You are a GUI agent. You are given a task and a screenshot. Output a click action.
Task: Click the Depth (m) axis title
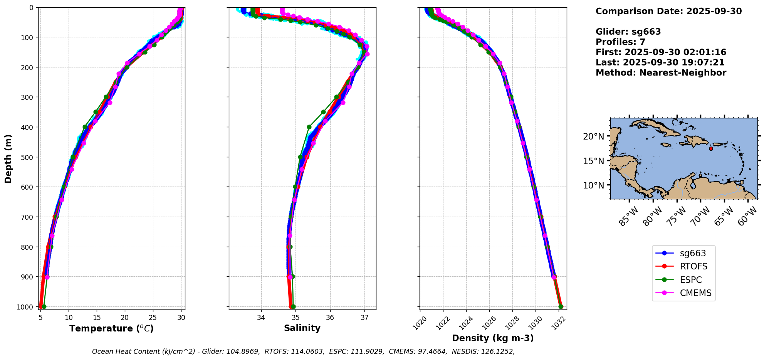click(x=8, y=158)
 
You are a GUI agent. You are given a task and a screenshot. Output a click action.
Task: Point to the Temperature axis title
click(x=111, y=328)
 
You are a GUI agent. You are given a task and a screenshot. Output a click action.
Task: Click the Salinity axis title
click(x=302, y=328)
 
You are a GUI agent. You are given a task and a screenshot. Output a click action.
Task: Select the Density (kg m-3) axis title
click(x=493, y=338)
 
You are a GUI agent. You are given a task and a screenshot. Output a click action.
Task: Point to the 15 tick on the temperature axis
click(x=97, y=318)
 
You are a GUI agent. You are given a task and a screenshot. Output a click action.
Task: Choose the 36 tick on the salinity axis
click(x=330, y=318)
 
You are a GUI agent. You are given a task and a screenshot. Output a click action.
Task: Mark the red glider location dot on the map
click(x=711, y=149)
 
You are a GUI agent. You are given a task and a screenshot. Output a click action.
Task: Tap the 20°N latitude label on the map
click(x=593, y=136)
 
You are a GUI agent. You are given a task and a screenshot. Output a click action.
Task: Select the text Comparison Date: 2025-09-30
click(x=668, y=11)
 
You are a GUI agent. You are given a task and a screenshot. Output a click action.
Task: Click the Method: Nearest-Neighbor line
click(x=661, y=73)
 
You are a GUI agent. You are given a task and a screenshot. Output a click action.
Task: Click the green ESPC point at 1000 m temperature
click(x=44, y=306)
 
